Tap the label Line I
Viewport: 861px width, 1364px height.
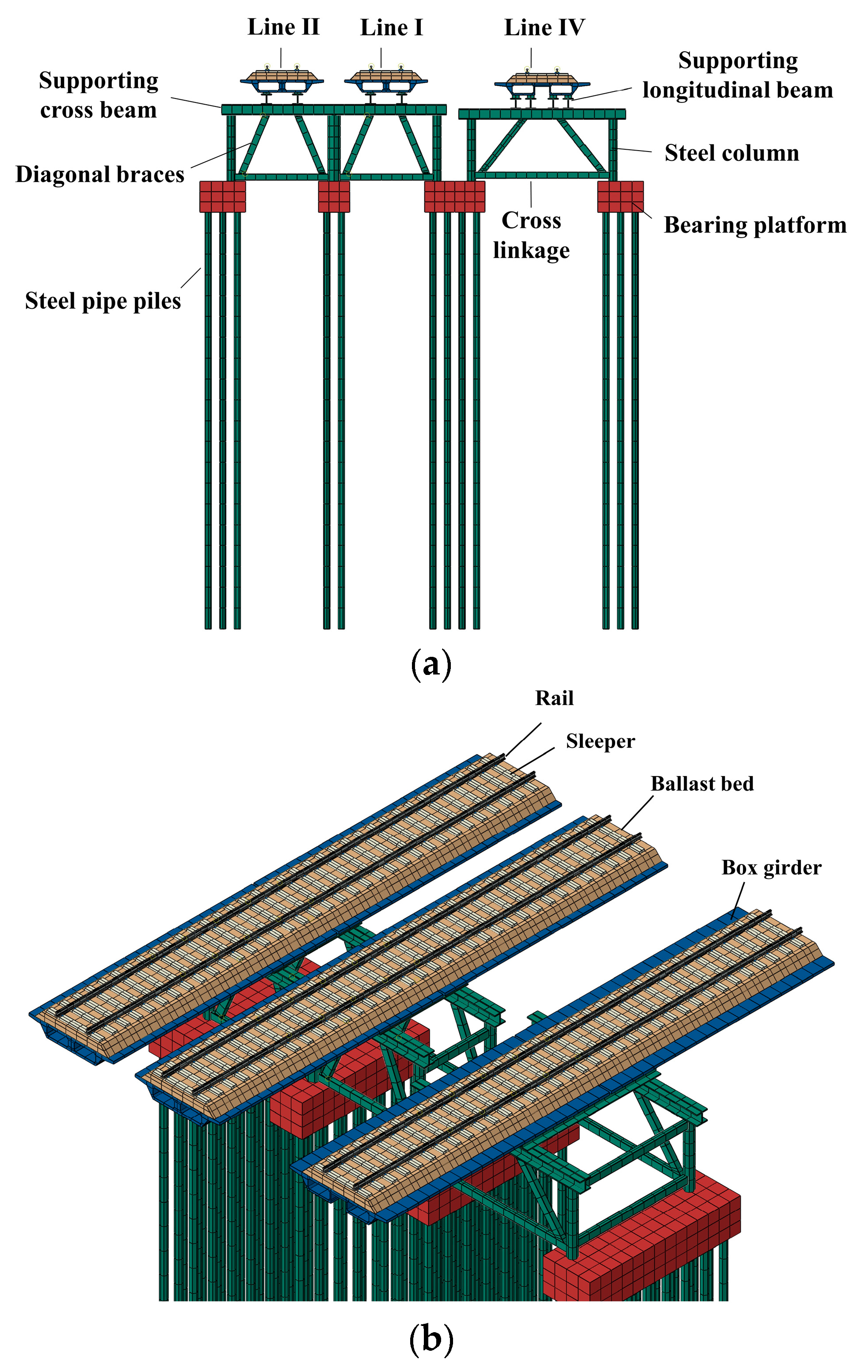pos(391,27)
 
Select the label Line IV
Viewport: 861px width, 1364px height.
pos(544,27)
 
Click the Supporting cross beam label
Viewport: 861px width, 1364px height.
pos(98,95)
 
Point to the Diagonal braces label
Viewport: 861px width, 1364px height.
pos(100,174)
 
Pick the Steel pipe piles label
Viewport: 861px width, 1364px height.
pos(103,301)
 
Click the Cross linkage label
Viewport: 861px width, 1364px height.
pos(531,235)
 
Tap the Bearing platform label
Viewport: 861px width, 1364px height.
pos(754,225)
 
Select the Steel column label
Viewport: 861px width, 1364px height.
pos(731,153)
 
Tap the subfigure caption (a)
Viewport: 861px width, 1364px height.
pos(431,663)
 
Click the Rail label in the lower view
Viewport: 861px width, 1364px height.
pos(554,698)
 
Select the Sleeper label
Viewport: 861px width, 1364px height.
pos(600,741)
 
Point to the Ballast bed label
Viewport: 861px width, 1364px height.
pos(702,784)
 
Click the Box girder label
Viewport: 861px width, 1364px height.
pos(771,867)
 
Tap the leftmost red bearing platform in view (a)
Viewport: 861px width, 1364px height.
pos(223,197)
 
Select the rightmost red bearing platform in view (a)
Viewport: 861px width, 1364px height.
pos(621,197)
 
